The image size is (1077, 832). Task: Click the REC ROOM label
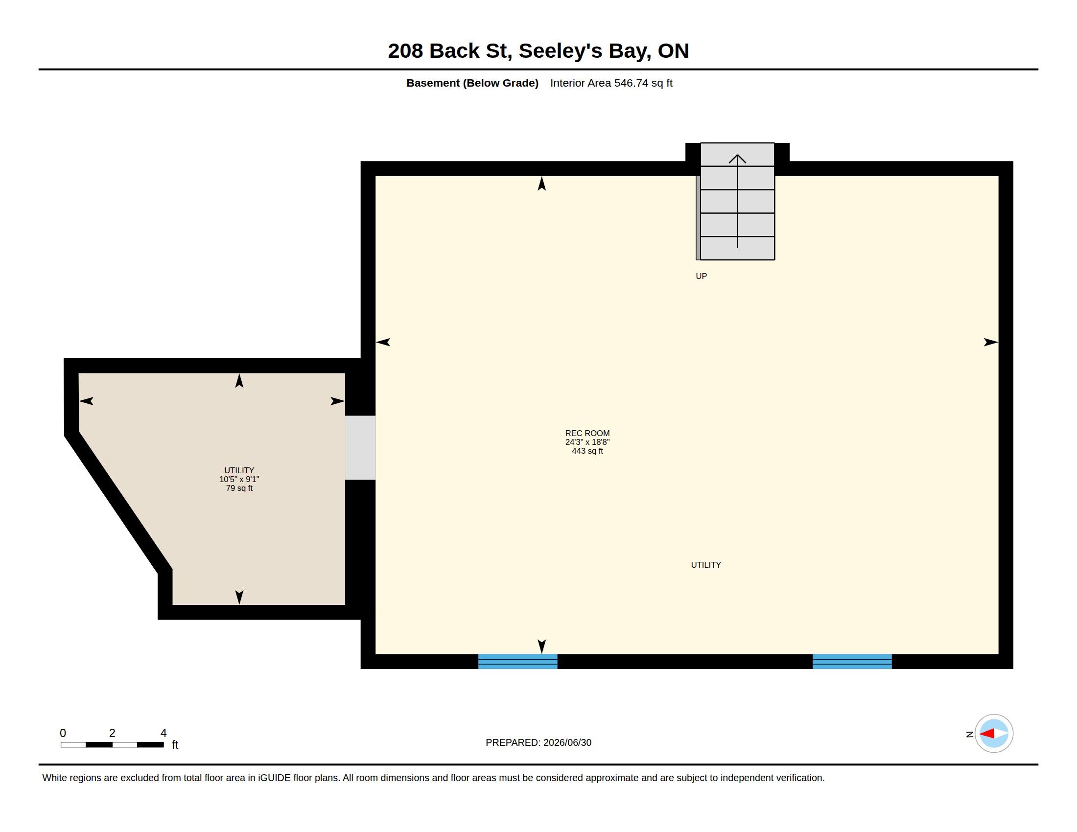[587, 433]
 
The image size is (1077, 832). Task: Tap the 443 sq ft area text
[587, 451]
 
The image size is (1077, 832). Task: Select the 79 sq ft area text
[239, 488]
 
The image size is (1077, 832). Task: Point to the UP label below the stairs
[701, 276]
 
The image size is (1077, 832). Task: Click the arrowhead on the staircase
[737, 158]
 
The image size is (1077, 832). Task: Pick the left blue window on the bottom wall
[518, 661]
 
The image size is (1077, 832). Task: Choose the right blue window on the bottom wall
[852, 661]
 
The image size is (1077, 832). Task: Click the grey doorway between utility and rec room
[360, 447]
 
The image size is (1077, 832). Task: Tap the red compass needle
[987, 734]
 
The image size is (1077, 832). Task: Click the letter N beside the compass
[969, 735]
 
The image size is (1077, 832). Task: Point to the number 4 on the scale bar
[163, 733]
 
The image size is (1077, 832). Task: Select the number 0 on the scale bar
[63, 733]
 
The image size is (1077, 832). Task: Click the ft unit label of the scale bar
[175, 745]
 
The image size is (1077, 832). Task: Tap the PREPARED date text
[538, 742]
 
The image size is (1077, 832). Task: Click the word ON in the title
[673, 51]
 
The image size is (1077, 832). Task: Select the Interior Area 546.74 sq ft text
[611, 83]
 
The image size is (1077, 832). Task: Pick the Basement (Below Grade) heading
[472, 83]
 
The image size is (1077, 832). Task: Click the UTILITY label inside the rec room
[705, 565]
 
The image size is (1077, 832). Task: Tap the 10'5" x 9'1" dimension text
[239, 479]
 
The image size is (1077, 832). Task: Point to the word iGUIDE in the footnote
[274, 778]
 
